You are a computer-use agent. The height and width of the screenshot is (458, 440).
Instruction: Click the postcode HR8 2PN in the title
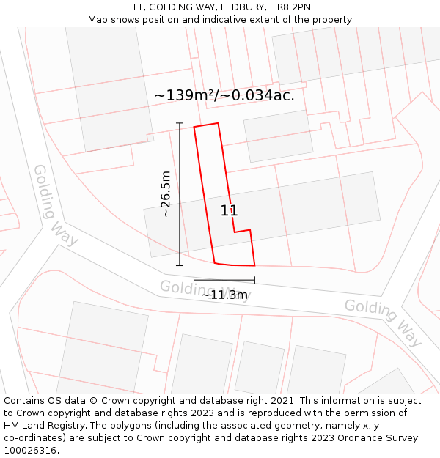pyautogui.click(x=290, y=7)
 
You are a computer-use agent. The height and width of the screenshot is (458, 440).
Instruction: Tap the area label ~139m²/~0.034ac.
pyautogui.click(x=224, y=95)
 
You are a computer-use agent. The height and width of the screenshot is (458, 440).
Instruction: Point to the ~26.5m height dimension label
pyautogui.click(x=166, y=194)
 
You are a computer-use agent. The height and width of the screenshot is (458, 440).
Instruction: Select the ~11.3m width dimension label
pyautogui.click(x=224, y=295)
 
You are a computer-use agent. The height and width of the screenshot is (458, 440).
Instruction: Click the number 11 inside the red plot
pyautogui.click(x=229, y=211)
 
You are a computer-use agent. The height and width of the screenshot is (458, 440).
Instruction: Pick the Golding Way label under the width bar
pyautogui.click(x=205, y=290)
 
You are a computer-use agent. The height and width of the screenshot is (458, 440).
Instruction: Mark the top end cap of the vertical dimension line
pyautogui.click(x=180, y=123)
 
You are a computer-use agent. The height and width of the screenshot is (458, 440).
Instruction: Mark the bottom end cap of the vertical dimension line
pyautogui.click(x=180, y=265)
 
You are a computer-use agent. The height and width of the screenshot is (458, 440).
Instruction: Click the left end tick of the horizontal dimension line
pyautogui.click(x=194, y=280)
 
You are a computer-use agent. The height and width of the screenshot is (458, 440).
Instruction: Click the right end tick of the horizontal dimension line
pyautogui.click(x=254, y=280)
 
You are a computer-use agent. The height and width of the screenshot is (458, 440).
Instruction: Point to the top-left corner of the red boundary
pyautogui.click(x=194, y=128)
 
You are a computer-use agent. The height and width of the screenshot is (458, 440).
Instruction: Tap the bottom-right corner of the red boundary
pyautogui.click(x=254, y=265)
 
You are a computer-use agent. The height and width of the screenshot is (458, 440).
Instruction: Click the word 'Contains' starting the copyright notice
pyautogui.click(x=24, y=401)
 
